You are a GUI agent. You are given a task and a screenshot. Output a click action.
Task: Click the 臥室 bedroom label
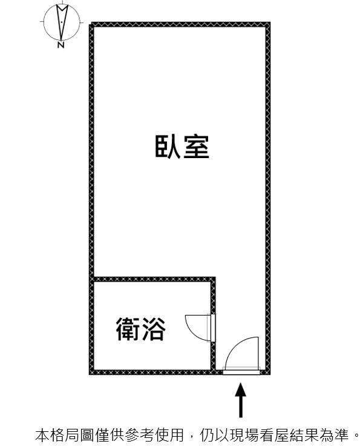pos(182,147)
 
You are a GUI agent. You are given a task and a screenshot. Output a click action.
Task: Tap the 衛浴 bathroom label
pos(141,329)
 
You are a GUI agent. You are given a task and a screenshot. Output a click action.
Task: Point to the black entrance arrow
pos(241,400)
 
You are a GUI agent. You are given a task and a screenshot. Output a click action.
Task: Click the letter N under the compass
pos(61,45)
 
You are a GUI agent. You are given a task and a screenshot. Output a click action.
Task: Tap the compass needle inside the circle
pos(62,22)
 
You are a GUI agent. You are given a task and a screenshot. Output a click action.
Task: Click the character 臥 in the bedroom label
pos(168,147)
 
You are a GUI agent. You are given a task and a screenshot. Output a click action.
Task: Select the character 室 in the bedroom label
pos(197,147)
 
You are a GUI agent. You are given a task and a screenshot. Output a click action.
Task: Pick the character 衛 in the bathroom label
pos(128,329)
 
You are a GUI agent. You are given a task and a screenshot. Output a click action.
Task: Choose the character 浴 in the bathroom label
pos(154,329)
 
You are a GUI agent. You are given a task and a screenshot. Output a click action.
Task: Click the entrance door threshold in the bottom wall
pos(241,372)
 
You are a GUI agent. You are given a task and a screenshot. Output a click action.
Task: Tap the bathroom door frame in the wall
pos(213,328)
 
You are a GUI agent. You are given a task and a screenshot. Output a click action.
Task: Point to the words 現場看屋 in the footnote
pos(263,435)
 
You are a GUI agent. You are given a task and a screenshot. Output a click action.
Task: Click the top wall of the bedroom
pos(180,24)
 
